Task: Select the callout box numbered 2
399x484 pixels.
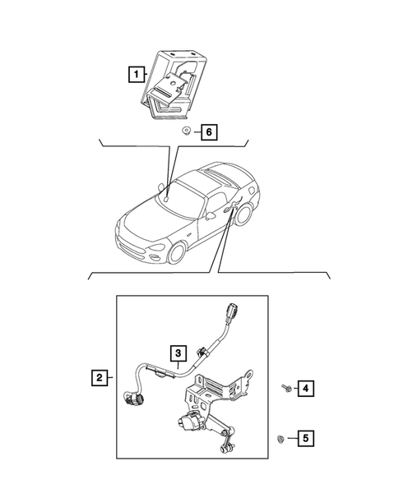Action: pyautogui.click(x=99, y=378)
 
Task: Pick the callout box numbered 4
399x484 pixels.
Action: pyautogui.click(x=305, y=387)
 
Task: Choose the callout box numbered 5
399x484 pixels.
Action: pyautogui.click(x=305, y=439)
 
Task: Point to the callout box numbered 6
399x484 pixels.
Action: pyautogui.click(x=209, y=131)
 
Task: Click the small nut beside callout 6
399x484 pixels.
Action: pyautogui.click(x=188, y=131)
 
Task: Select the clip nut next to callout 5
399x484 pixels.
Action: pyautogui.click(x=283, y=440)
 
